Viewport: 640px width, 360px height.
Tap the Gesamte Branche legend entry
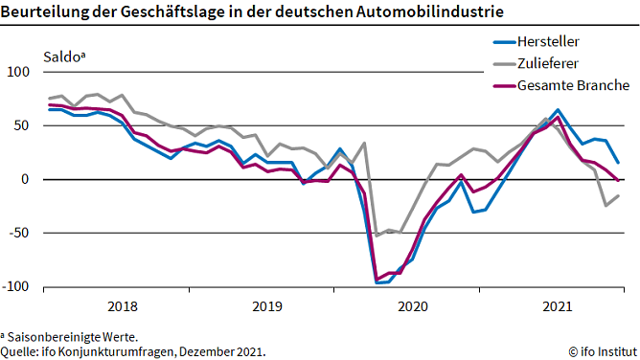[573, 86]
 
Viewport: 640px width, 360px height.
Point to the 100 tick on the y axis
[19, 72]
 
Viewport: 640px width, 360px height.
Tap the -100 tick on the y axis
[17, 286]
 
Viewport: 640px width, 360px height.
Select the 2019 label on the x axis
[266, 306]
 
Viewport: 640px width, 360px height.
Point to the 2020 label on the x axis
[412, 306]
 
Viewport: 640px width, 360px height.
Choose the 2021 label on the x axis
[558, 306]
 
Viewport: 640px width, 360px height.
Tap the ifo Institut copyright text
[601, 351]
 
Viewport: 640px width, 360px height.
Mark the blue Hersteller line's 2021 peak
[558, 110]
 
